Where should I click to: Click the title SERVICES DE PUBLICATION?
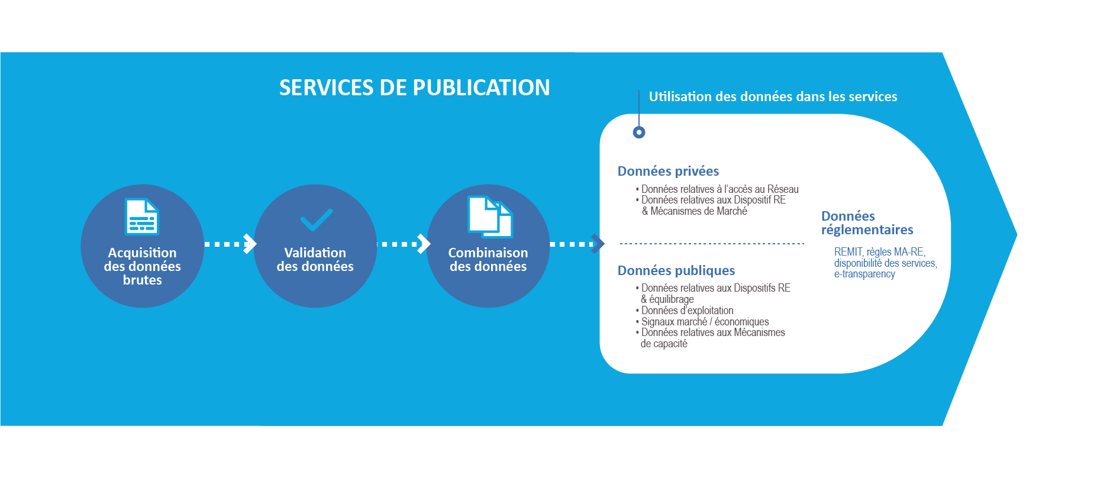click(414, 88)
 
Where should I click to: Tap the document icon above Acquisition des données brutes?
click(142, 217)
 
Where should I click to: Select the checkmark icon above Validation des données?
click(316, 219)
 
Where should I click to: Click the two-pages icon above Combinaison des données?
click(490, 217)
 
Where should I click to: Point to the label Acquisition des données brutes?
click(142, 266)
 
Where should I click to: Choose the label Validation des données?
click(315, 260)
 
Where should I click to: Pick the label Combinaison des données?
click(488, 260)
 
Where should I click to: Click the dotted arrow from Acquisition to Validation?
click(230, 244)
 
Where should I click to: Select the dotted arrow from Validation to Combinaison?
click(403, 244)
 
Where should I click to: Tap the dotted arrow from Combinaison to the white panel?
click(576, 244)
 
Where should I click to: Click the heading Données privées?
click(668, 172)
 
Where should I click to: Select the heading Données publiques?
click(676, 271)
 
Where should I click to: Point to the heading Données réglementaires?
click(867, 223)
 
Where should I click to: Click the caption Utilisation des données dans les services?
click(773, 97)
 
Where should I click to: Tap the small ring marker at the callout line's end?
click(639, 133)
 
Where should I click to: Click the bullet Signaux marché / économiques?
click(705, 322)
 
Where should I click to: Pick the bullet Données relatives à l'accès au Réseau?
click(719, 189)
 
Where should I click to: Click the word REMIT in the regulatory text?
click(848, 252)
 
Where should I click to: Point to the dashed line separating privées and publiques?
click(711, 244)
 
